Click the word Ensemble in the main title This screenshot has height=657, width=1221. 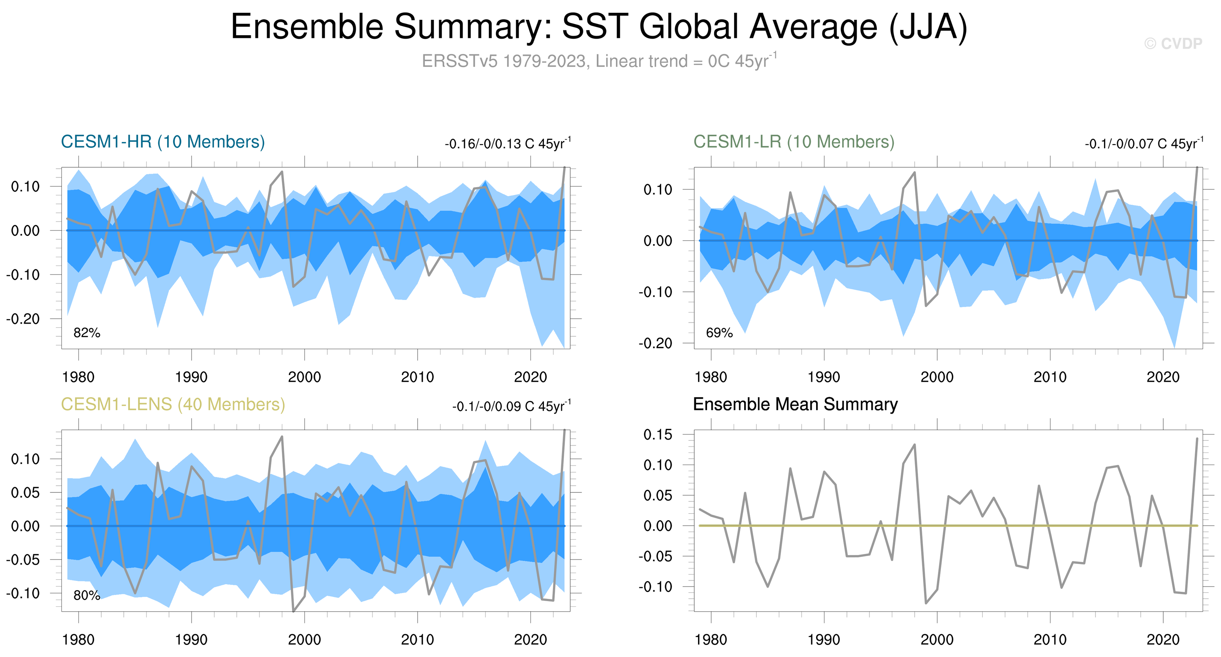307,27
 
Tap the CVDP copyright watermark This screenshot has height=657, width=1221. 1173,43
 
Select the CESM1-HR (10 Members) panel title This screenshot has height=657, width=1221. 163,142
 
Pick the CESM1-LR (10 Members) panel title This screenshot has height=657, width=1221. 794,142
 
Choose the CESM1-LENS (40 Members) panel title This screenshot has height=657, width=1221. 173,404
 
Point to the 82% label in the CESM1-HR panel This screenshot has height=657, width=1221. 87,333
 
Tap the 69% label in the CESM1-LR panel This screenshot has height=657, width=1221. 719,333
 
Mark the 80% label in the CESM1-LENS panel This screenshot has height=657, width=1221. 87,595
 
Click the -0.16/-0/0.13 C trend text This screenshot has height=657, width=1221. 508,143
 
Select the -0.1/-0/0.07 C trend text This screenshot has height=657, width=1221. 1144,143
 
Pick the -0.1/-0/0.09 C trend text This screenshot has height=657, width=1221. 511,406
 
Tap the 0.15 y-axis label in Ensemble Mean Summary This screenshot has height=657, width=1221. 658,434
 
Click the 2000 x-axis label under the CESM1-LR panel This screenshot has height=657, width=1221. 936,377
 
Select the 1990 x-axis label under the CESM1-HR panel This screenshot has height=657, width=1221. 191,377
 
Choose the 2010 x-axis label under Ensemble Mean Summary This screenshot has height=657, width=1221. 1050,640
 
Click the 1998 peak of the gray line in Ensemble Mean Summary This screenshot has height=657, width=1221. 914,445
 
